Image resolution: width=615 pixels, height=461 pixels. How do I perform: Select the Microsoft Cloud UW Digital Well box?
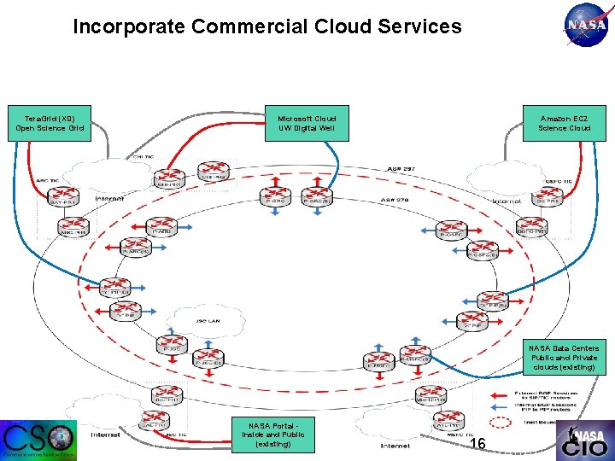coord(307,123)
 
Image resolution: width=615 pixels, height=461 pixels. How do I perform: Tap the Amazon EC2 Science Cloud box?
coord(564,123)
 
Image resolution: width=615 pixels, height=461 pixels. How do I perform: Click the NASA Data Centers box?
coord(564,358)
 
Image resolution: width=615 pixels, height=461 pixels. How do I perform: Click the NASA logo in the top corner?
coord(587,26)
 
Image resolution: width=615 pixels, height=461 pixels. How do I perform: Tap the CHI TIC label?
coord(143,157)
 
